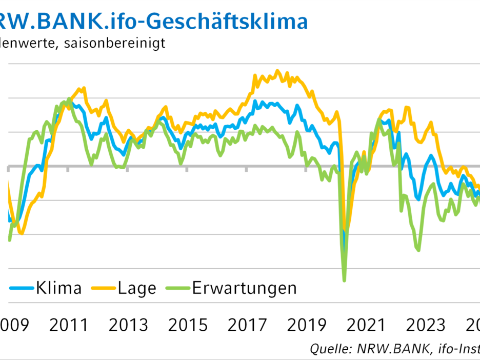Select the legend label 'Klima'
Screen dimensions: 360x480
coord(58,288)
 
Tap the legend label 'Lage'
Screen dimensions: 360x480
coord(136,288)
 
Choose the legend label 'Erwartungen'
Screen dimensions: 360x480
coord(245,288)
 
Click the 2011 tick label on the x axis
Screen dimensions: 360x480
coord(71,325)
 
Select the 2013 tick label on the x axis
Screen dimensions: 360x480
coord(129,325)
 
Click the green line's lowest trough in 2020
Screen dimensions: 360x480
coord(344,280)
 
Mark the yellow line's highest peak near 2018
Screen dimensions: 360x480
coord(277,71)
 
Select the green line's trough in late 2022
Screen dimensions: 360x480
coord(419,250)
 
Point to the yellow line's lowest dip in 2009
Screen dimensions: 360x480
coord(21,233)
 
